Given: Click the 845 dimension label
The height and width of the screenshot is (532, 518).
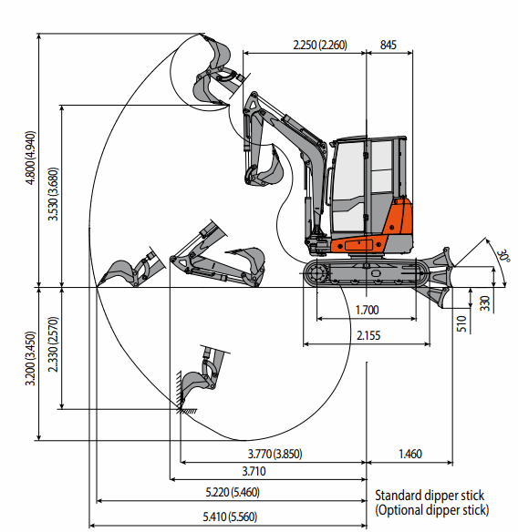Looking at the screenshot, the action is coord(388,45).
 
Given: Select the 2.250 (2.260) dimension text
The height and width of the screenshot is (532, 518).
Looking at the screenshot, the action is coord(320,45).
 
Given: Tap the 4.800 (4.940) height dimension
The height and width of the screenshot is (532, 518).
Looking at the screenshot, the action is coord(30,158).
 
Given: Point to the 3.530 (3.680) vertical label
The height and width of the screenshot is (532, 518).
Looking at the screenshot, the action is coord(53,194).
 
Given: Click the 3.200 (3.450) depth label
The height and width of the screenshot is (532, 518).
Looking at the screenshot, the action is coord(30,358).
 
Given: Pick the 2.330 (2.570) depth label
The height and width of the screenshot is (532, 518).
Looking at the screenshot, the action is coord(53,344).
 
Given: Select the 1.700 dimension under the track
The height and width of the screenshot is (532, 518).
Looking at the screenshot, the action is coord(367,310).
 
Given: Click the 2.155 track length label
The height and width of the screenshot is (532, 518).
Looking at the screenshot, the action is coord(368,335).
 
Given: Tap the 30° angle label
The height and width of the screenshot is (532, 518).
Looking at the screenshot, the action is coord(503,255).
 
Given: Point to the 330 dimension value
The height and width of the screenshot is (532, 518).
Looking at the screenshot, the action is coord(485,303).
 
